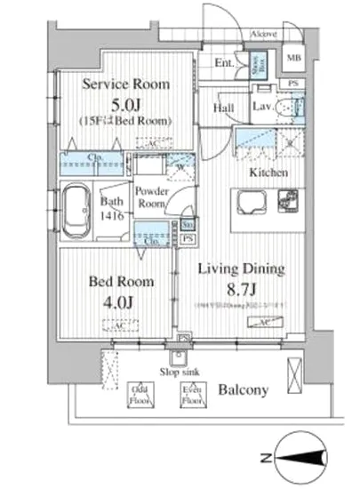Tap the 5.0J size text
coord(125,102)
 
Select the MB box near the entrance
coord(292,60)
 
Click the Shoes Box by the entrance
coord(254,63)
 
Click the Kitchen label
coord(268,172)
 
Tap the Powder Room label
coord(151,197)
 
